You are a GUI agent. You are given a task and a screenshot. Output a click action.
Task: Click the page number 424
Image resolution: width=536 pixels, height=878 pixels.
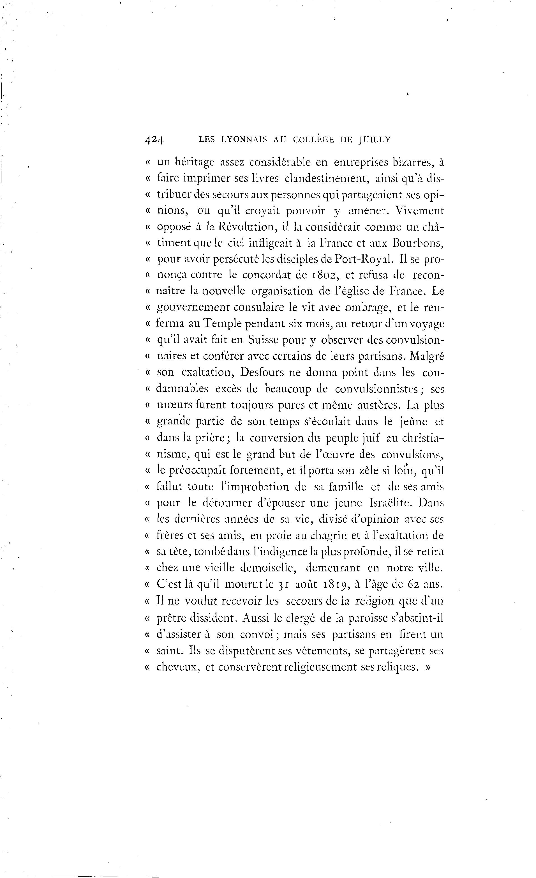click(154, 140)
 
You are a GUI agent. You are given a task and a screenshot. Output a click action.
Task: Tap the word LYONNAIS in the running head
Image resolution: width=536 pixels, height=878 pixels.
click(244, 140)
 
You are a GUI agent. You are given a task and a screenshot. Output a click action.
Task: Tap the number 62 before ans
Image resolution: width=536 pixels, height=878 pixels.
click(407, 584)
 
